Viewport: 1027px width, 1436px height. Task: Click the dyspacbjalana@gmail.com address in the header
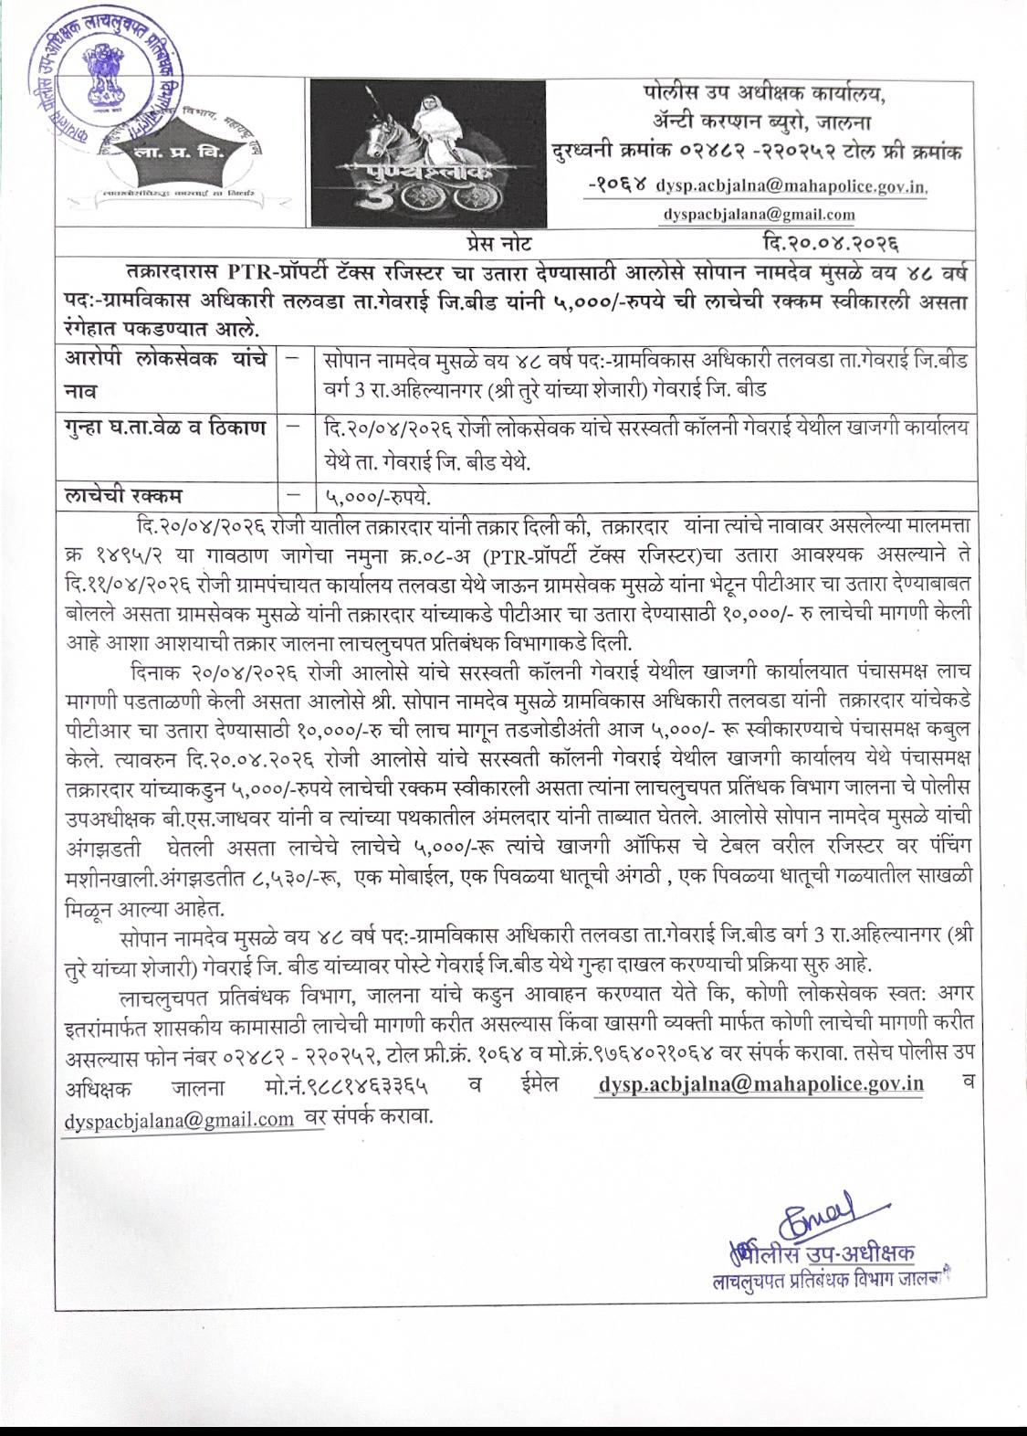760,215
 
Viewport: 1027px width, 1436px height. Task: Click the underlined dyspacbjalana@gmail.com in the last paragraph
179,1118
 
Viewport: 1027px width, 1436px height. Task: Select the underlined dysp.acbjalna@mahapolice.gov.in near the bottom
761,1084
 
